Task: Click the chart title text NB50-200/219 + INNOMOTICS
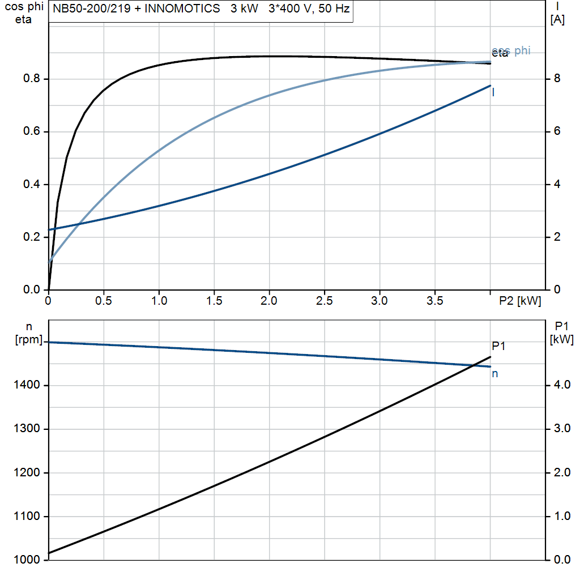coord(137,10)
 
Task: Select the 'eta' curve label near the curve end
coord(500,54)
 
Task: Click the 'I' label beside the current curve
coord(493,92)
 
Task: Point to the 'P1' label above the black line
coord(498,346)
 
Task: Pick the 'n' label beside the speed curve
coord(494,373)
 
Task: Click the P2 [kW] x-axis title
coord(519,301)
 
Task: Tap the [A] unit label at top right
coord(557,20)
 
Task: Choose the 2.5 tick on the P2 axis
coord(325,301)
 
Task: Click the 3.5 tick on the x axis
coord(435,301)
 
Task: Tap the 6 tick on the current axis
coord(556,131)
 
